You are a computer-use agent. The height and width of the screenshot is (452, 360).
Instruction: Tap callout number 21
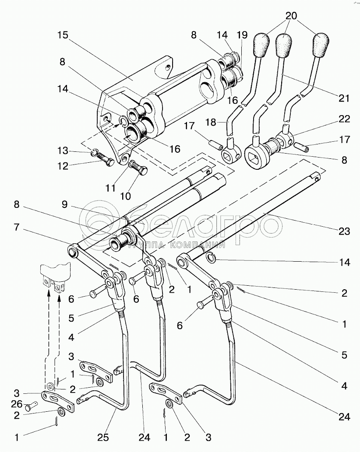tap(344, 98)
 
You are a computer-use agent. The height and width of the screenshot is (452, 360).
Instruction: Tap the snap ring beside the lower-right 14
tap(211, 259)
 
